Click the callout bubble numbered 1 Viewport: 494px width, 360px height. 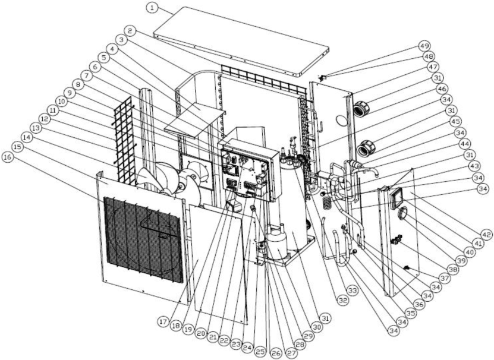click(153, 8)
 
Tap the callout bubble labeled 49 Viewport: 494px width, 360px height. click(424, 46)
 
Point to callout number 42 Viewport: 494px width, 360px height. click(485, 235)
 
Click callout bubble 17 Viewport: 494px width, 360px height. click(163, 321)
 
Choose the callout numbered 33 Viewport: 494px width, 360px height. click(352, 290)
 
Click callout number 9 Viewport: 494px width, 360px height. click(69, 93)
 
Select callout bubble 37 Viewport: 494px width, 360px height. click(444, 278)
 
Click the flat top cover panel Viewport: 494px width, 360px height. click(241, 41)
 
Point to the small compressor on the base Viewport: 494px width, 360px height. click(277, 241)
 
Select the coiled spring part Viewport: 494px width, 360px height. click(327, 203)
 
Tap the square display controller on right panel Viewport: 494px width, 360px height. click(397, 198)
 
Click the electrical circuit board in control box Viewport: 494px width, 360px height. click(246, 173)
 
